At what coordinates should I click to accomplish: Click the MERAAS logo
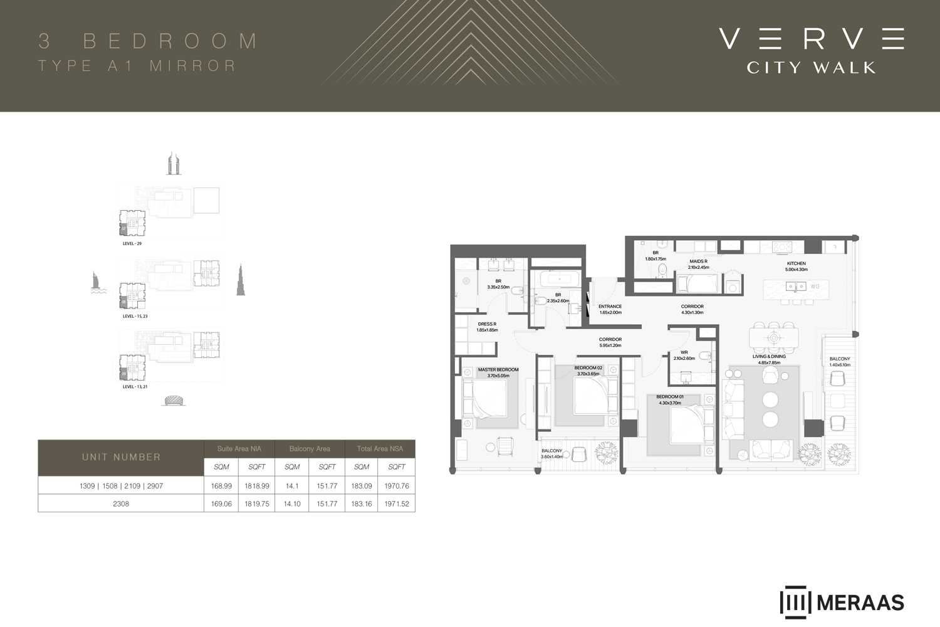(x=842, y=603)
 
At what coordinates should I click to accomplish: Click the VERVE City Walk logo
(x=811, y=50)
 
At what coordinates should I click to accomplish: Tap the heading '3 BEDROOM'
(x=148, y=41)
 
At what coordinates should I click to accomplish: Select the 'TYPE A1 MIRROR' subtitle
(x=137, y=66)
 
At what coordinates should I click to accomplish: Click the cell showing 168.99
(x=221, y=486)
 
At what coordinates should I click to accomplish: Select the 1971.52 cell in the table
(x=396, y=503)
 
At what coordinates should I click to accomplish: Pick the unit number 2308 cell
(x=121, y=503)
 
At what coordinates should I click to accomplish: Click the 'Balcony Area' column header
(x=310, y=449)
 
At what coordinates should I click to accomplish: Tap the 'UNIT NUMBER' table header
(x=121, y=457)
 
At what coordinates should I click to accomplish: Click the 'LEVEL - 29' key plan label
(x=132, y=243)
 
